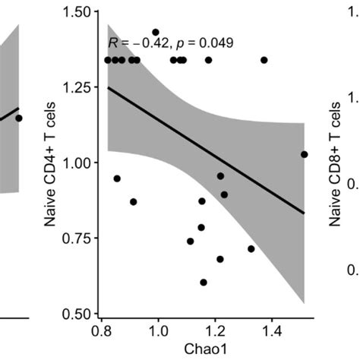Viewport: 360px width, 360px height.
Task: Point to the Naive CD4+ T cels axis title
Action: coord(52,163)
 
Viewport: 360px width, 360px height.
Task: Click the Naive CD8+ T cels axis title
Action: coord(335,163)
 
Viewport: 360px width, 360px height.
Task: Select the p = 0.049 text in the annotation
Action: coord(206,43)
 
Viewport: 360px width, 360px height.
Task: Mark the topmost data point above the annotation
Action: coord(156,33)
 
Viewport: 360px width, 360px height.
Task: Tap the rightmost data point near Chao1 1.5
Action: coord(304,154)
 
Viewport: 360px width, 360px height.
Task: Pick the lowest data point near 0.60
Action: coord(204,283)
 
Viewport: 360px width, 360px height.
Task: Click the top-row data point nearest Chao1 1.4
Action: coord(264,59)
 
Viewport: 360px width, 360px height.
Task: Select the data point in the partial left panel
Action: coord(19,118)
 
